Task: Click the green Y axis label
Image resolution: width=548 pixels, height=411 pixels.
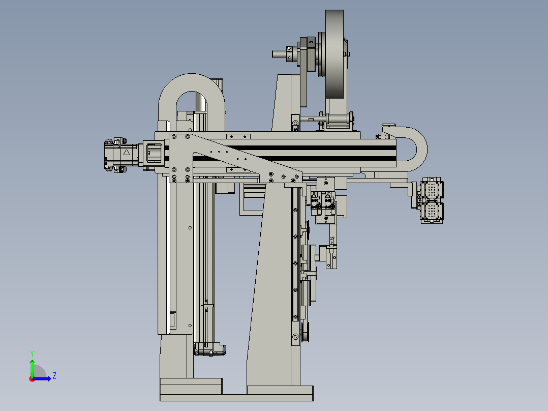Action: click(x=32, y=354)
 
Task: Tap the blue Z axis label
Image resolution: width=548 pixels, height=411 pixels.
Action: click(x=54, y=376)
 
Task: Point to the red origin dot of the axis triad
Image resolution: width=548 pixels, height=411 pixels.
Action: click(x=32, y=379)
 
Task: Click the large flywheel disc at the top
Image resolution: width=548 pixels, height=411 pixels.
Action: click(x=334, y=54)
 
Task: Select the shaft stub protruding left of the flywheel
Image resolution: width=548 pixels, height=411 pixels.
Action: click(x=280, y=54)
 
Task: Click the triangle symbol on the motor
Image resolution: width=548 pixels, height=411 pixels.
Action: click(x=127, y=152)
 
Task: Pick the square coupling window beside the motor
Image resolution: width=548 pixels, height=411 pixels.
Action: click(x=154, y=153)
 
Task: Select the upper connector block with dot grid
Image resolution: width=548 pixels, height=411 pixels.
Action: click(x=432, y=189)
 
